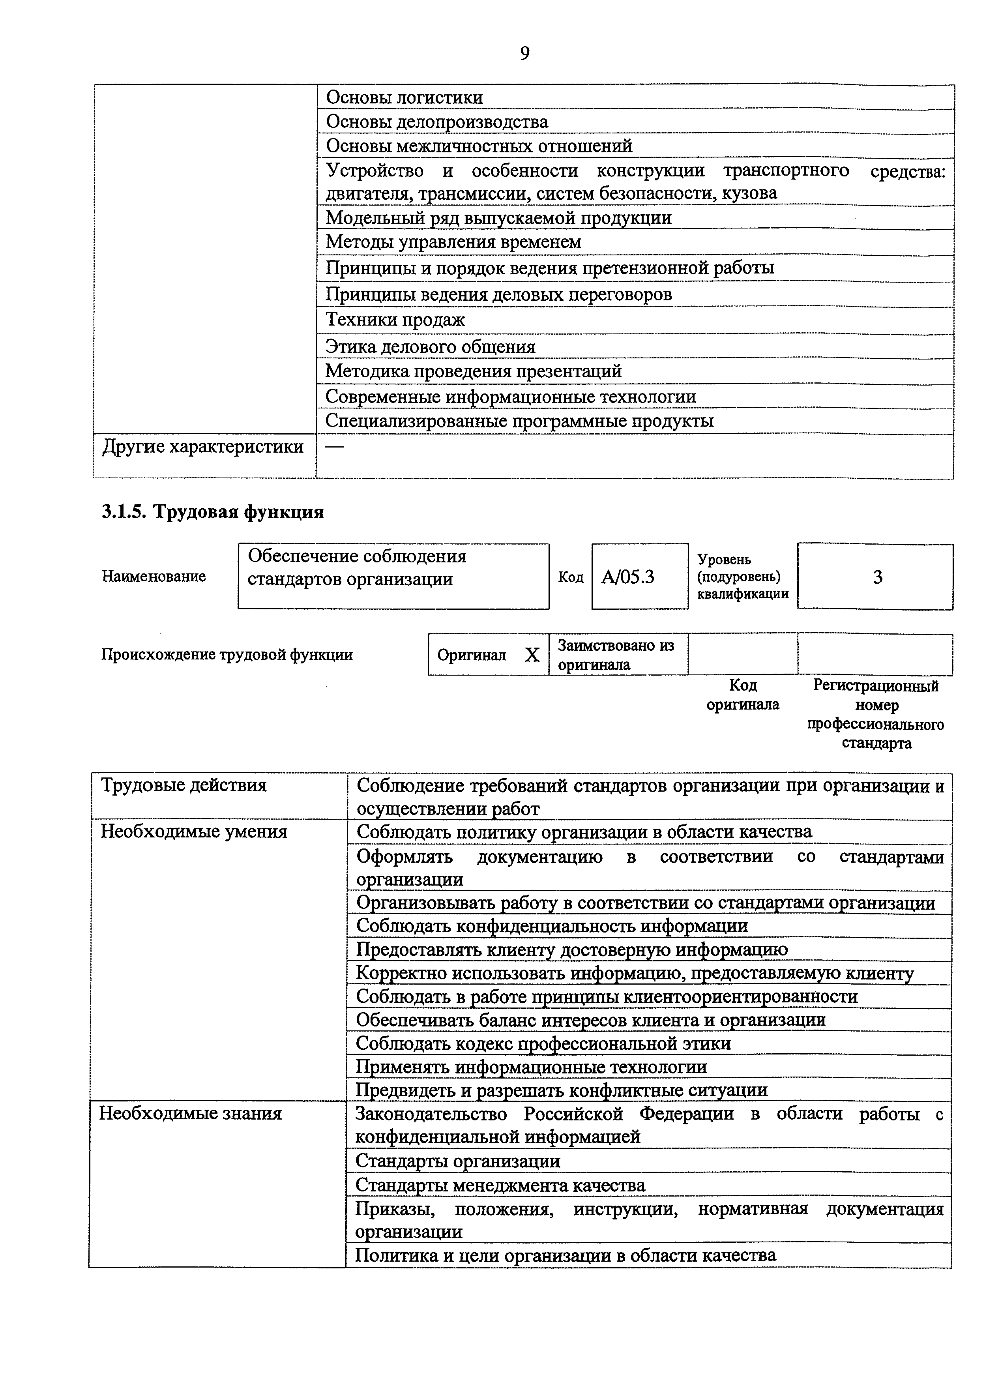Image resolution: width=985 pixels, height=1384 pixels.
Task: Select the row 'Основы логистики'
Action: tap(404, 97)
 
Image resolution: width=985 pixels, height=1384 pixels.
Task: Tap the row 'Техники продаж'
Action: tap(395, 320)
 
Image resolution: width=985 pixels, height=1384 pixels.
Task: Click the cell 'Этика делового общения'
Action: tap(431, 347)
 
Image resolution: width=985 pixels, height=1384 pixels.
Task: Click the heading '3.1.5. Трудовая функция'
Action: tap(213, 512)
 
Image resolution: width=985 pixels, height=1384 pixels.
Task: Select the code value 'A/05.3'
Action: tap(628, 577)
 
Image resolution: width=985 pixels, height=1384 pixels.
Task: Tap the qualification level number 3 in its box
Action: tap(877, 577)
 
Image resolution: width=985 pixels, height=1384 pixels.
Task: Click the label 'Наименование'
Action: tap(154, 576)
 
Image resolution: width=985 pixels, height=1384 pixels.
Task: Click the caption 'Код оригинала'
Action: tap(742, 695)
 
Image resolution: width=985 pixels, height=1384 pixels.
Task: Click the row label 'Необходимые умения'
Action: tap(193, 832)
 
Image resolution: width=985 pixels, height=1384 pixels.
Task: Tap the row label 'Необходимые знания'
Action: tap(191, 1114)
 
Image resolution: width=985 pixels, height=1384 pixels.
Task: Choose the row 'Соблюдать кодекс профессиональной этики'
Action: tap(543, 1043)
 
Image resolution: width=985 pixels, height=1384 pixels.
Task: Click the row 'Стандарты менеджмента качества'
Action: tap(500, 1185)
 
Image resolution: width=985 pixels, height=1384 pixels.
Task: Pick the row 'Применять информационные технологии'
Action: tap(531, 1067)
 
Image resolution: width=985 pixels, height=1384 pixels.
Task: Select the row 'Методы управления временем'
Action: tap(454, 242)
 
